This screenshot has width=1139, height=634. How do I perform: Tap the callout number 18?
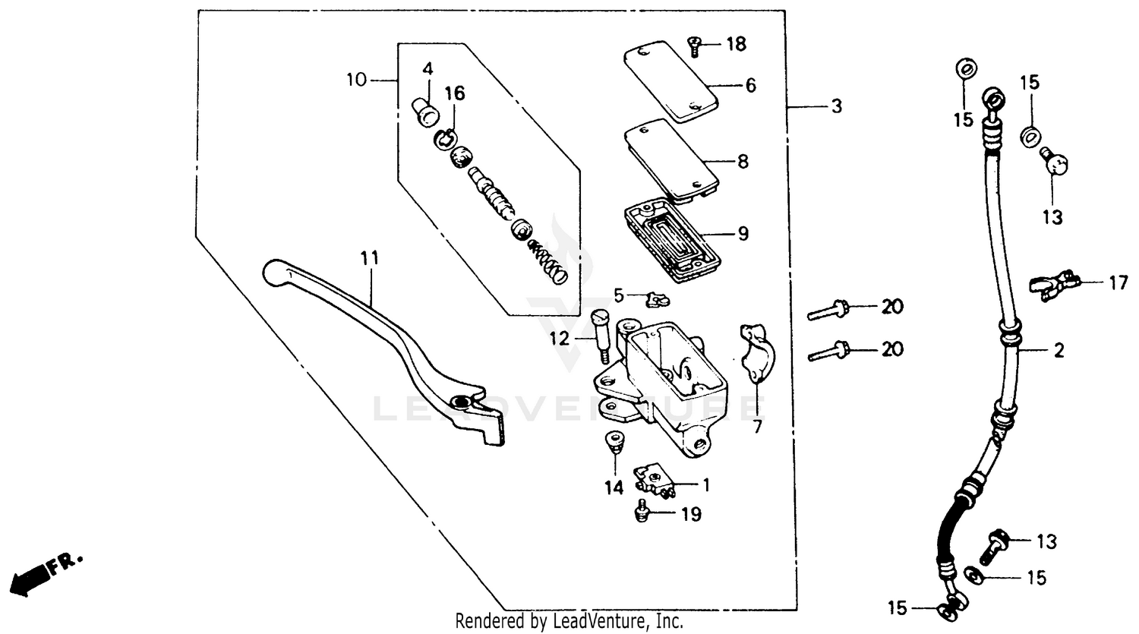coord(736,44)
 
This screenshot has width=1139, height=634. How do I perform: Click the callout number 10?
coord(356,79)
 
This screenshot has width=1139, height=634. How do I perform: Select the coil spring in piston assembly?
coord(548,261)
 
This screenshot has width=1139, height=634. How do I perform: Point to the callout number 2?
coord(1059,351)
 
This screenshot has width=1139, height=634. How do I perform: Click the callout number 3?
coord(836,107)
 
